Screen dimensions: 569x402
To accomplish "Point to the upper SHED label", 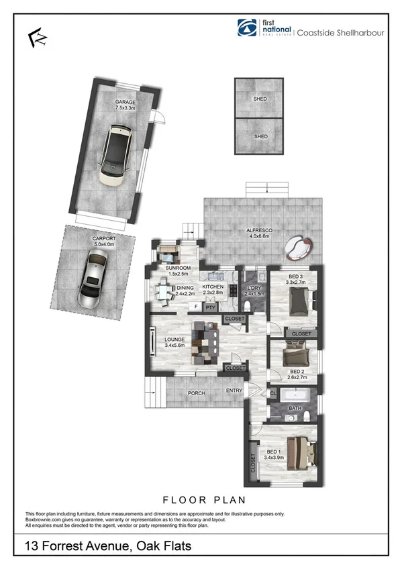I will click(x=260, y=99).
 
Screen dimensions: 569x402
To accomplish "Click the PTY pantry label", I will click(x=209, y=307).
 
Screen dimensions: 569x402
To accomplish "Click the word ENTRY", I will click(x=234, y=391).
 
